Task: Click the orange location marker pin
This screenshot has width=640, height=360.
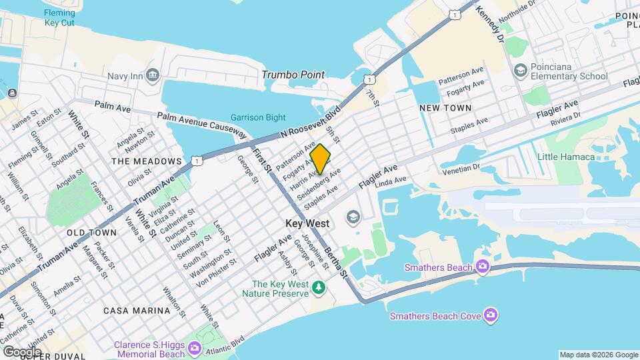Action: point(320,159)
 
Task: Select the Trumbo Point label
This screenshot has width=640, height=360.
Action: point(293,75)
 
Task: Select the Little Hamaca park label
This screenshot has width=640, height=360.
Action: point(566,157)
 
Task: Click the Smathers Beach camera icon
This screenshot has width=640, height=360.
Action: point(482,267)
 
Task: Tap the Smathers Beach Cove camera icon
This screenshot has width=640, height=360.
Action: point(491,314)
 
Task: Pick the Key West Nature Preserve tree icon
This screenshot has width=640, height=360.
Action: point(319,287)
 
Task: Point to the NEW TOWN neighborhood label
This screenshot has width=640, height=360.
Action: point(445,107)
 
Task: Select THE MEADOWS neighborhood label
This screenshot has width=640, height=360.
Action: point(147,161)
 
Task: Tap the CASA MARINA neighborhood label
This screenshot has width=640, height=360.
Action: point(137,311)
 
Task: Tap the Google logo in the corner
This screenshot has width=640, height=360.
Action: point(22,351)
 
